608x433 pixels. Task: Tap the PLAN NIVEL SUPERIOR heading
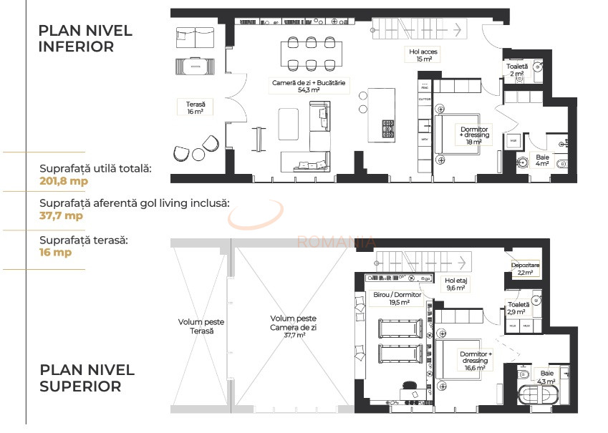(87, 378)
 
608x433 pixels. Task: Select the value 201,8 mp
(64, 180)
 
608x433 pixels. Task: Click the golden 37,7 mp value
(61, 215)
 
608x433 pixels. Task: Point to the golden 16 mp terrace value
(55, 252)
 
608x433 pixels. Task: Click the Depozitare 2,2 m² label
(525, 268)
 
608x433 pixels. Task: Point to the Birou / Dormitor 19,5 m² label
(397, 298)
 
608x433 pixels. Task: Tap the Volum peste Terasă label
(196, 326)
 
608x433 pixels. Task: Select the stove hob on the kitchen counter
(389, 129)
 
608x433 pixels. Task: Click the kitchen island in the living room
(376, 115)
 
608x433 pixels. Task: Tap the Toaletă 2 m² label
(516, 70)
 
